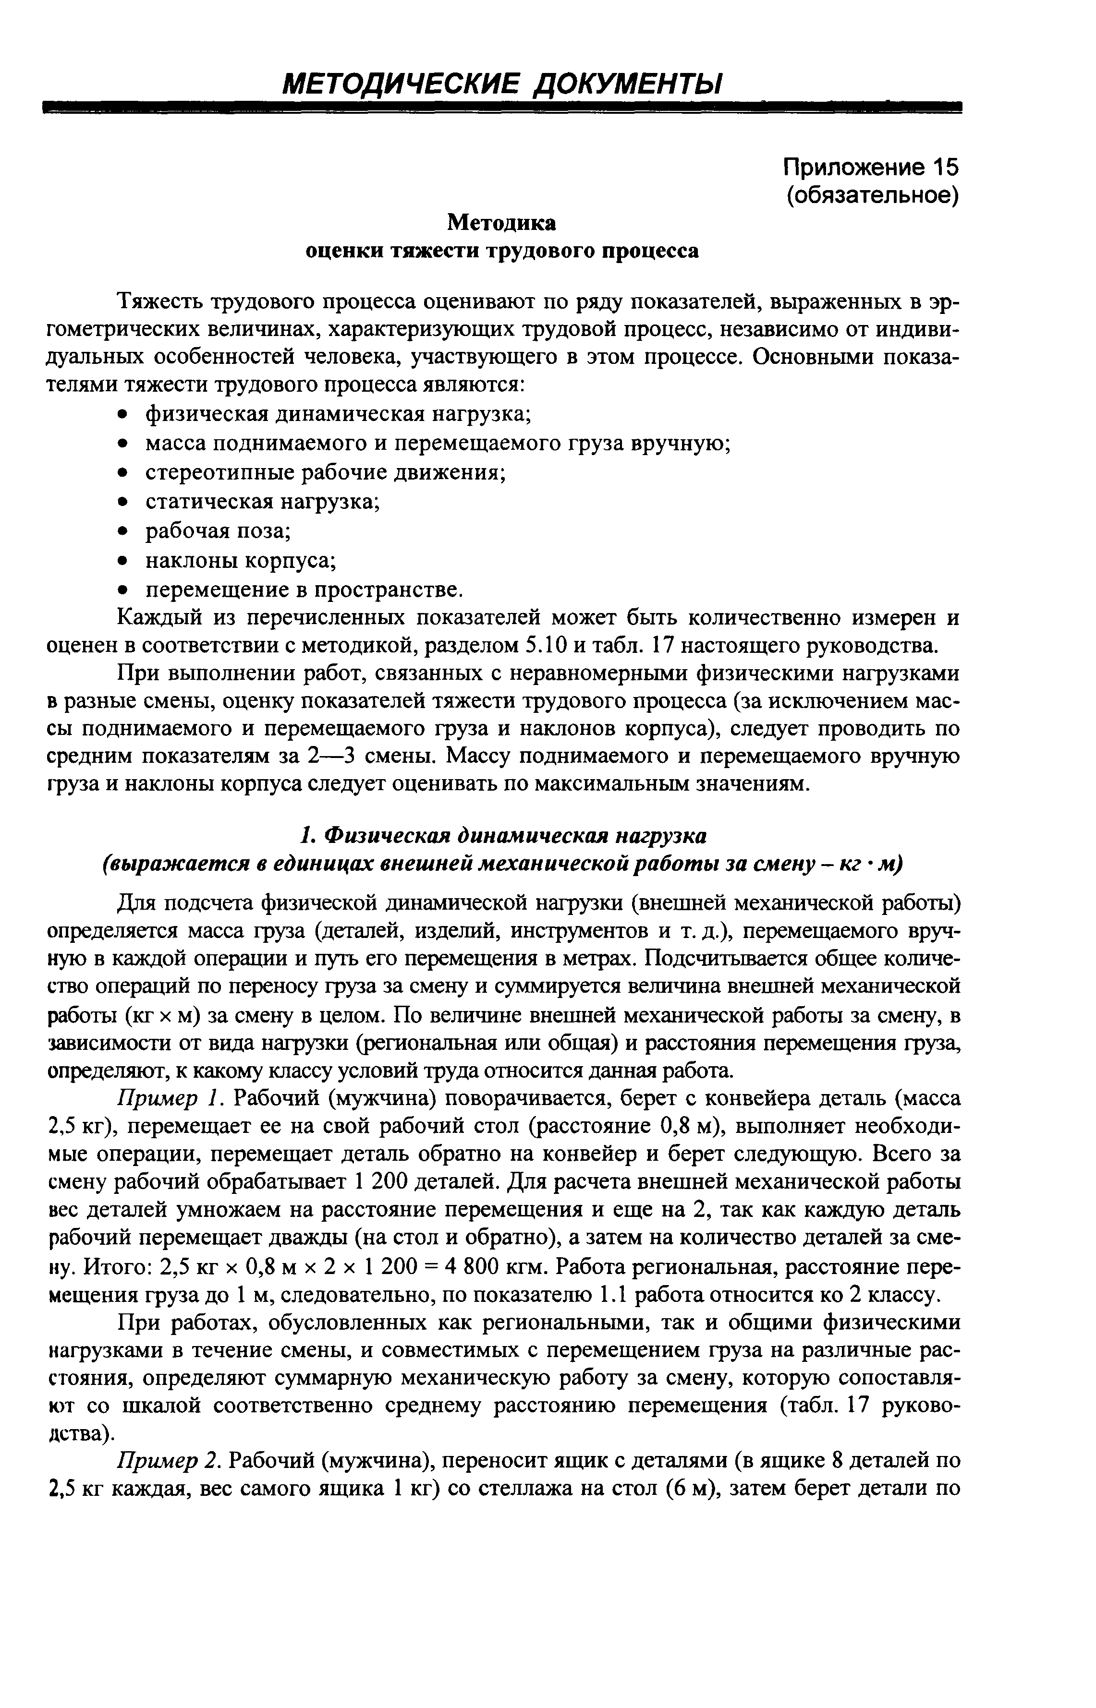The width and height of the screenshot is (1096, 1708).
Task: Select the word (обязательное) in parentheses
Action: [873, 195]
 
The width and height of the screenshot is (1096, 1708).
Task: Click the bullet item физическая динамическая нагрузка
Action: [338, 413]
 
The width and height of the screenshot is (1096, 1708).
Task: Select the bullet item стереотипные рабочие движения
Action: [325, 472]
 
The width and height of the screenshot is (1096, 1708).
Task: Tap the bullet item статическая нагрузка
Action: [263, 502]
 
